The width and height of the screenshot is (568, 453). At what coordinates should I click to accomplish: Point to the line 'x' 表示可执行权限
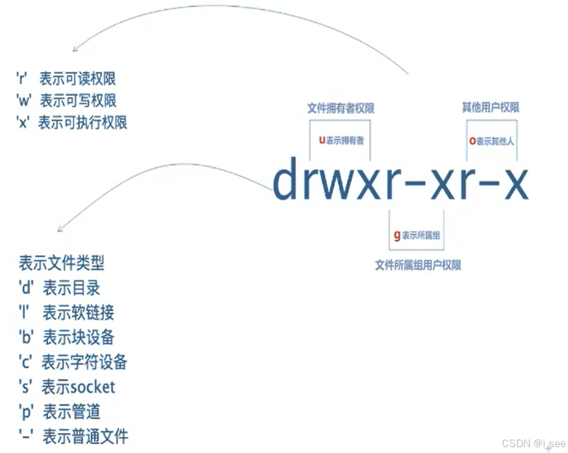pos(71,122)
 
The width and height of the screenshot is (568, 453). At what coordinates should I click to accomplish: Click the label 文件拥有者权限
pos(341,108)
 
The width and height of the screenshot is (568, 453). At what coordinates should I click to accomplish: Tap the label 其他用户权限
pos(491,108)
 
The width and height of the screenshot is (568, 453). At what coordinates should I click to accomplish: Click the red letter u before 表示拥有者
pos(321,140)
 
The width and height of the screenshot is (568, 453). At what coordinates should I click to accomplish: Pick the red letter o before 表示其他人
pos(472,140)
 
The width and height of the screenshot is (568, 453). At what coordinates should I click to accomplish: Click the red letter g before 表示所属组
pos(397,235)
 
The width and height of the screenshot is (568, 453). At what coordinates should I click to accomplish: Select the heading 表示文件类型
pos(62,263)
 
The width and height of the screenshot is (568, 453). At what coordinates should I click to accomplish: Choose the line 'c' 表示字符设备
pos(73,361)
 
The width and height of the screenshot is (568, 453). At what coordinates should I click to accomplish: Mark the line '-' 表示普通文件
pos(73,436)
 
